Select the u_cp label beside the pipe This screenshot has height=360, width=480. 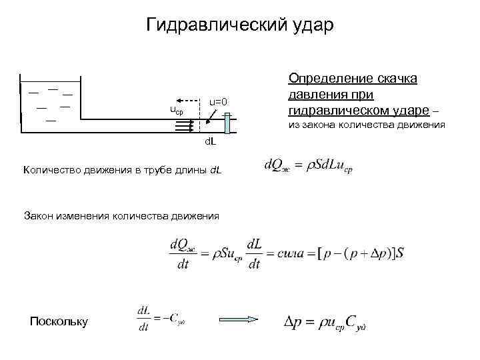177,109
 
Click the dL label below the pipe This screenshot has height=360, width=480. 209,142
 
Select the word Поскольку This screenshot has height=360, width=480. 59,321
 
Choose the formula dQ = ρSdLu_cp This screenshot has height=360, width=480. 308,165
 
